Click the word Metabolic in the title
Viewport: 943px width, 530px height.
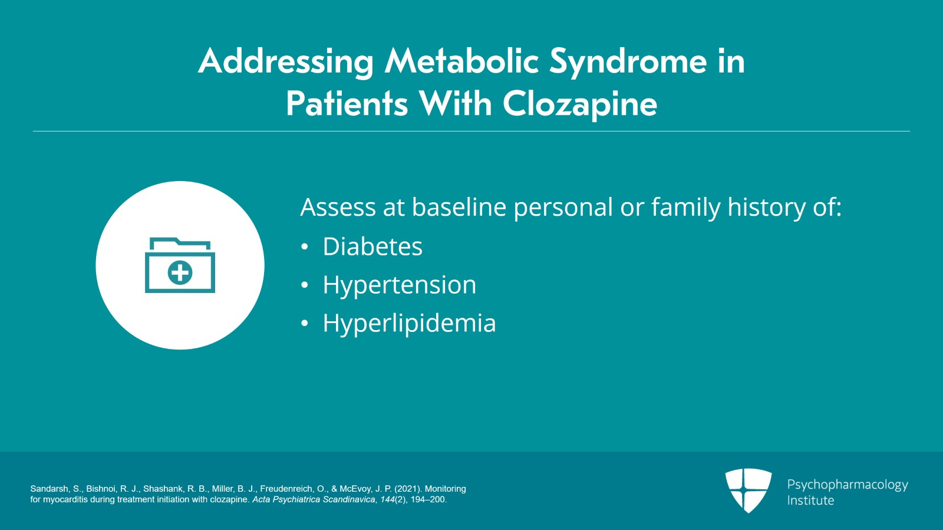coord(461,61)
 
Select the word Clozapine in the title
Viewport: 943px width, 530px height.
coord(579,104)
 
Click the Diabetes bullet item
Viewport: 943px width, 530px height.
coord(372,246)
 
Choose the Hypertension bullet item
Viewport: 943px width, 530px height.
coord(399,285)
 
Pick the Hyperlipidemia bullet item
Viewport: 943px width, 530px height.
coord(409,323)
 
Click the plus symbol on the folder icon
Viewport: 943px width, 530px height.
coord(180,273)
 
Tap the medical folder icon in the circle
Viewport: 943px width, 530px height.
coord(180,265)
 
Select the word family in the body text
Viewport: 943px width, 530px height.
coord(685,208)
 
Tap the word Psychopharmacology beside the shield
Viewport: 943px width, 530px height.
coord(848,485)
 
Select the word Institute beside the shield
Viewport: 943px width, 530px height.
coord(810,501)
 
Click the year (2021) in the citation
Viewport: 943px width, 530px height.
coord(408,489)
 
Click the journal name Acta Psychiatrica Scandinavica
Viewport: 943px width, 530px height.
coord(314,499)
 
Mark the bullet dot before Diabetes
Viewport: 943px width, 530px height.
coord(304,247)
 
